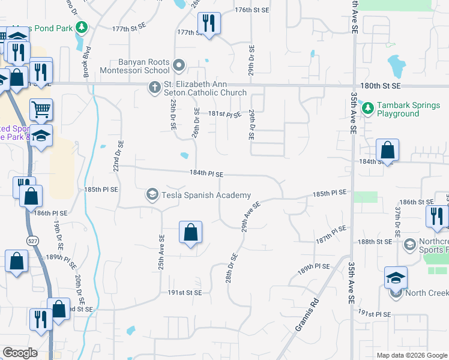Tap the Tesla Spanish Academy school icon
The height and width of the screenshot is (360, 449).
click(x=153, y=195)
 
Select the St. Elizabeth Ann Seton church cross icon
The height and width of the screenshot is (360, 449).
click(x=154, y=88)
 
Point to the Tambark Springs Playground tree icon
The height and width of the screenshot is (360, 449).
click(x=367, y=109)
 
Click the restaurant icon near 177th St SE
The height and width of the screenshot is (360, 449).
click(x=209, y=24)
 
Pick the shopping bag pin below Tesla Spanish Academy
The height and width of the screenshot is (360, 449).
click(x=190, y=232)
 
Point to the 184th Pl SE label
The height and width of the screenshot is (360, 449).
click(x=206, y=174)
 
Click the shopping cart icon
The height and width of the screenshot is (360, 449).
click(x=41, y=109)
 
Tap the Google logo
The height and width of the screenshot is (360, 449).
click(x=20, y=353)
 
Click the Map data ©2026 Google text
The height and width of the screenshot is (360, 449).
click(x=411, y=355)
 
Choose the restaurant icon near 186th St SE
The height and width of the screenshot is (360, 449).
click(x=436, y=216)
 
